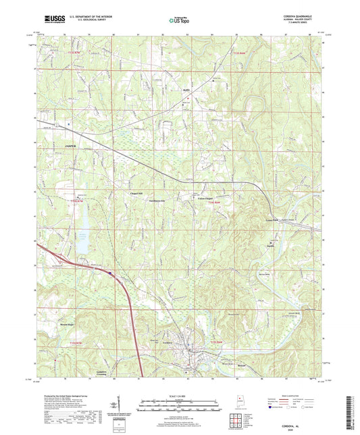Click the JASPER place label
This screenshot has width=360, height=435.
click(x=71, y=145)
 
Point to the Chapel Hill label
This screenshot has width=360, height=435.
click(x=136, y=195)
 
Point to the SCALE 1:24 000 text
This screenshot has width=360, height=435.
click(x=180, y=394)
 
